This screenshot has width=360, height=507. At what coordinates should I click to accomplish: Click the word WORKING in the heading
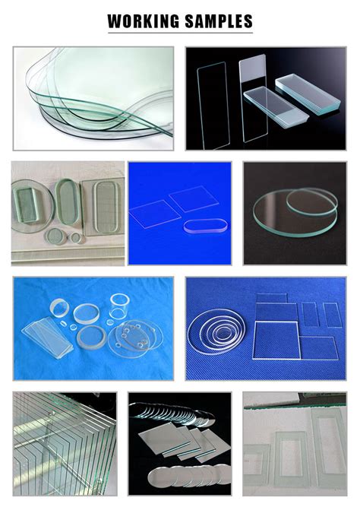point(143,21)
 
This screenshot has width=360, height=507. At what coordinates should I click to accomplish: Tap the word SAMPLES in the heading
point(219,21)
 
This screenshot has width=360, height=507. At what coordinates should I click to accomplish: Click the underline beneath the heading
point(180,33)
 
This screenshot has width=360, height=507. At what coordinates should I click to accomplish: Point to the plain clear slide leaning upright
point(213,105)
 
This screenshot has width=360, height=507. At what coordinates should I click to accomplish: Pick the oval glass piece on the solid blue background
point(206,225)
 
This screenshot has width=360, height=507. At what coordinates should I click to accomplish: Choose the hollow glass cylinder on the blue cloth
point(119,306)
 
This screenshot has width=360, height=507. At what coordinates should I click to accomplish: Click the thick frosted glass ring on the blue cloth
point(91,337)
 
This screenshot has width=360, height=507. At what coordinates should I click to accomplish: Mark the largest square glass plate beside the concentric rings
point(276,341)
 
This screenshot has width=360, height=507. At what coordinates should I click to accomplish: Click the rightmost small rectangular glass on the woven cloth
point(332,315)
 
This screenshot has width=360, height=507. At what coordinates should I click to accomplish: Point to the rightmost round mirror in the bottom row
point(222,474)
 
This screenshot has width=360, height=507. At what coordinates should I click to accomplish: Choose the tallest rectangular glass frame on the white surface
point(329,444)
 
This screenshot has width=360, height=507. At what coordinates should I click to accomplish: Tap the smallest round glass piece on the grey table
point(76,238)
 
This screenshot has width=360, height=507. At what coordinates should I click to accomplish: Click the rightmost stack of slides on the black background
point(308,93)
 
